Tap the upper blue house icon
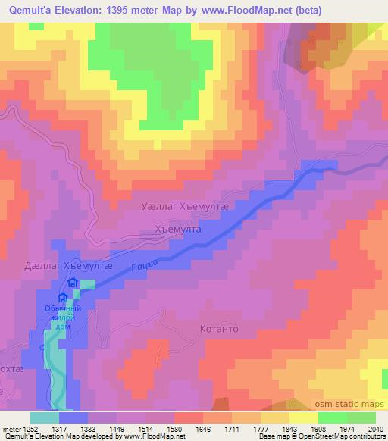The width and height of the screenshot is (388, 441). (x=73, y=283)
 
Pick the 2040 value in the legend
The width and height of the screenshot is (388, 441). (x=374, y=428)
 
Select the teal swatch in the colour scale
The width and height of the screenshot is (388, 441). (x=45, y=418)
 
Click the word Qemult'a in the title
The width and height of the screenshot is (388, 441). (x=32, y=11)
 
